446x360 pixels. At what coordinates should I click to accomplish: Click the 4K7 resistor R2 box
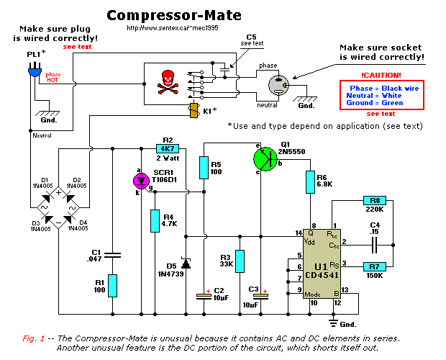tap(170, 148)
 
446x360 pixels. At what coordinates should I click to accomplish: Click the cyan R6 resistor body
tap(310, 184)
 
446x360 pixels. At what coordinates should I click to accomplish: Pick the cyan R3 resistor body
tap(240, 263)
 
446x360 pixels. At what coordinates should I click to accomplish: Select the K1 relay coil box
tap(193, 111)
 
